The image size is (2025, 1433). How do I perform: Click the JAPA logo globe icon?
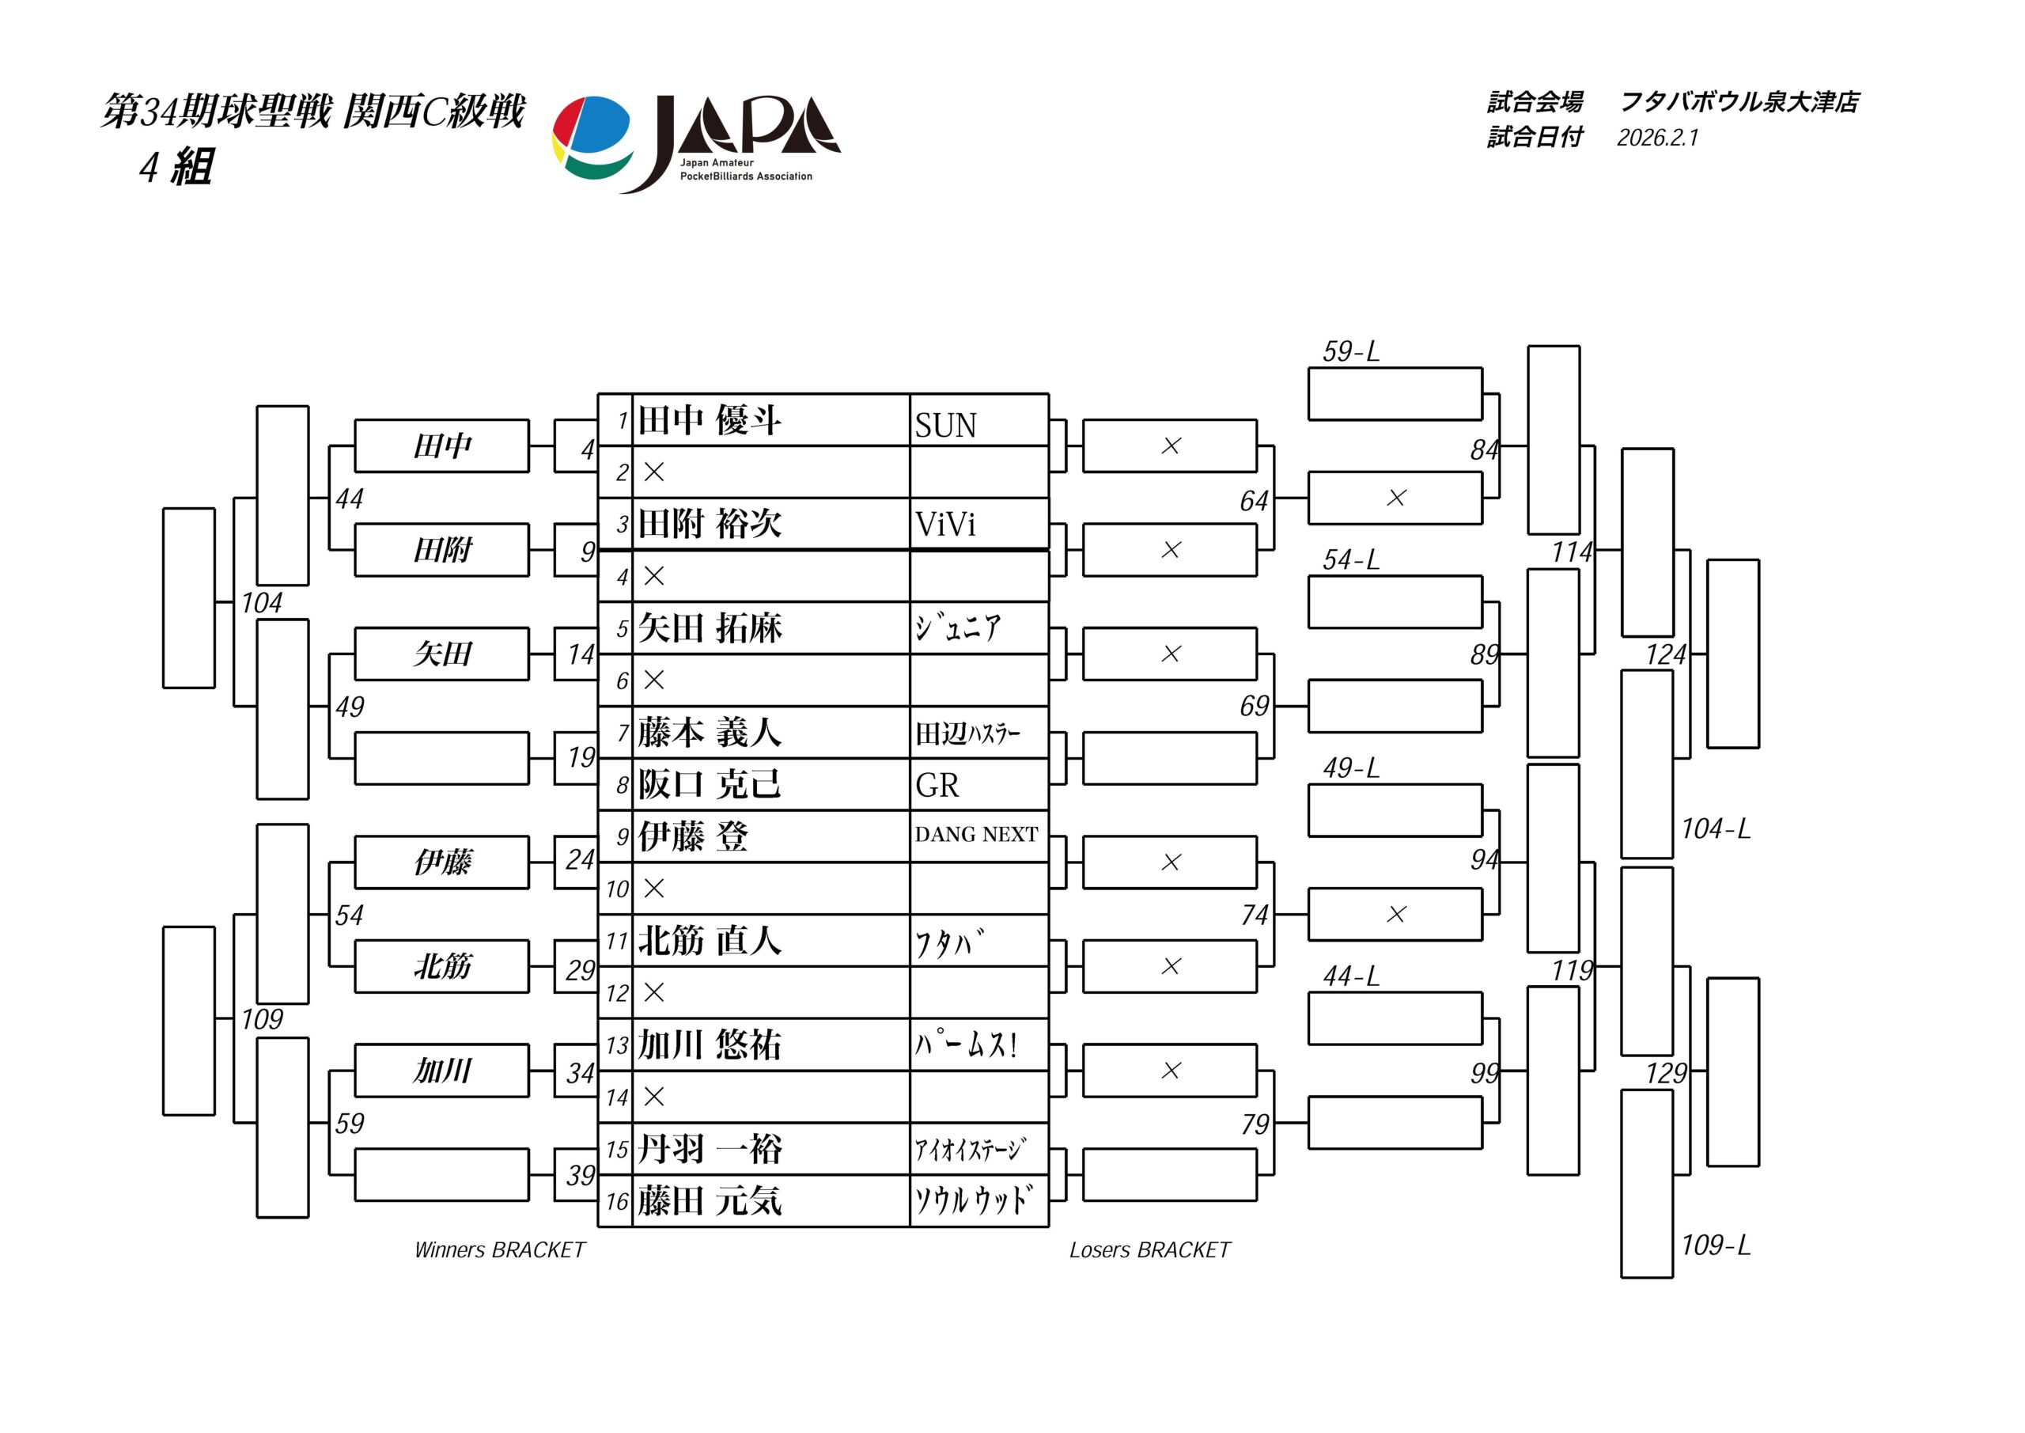click(592, 138)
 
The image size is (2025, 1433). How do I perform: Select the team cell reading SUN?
click(945, 426)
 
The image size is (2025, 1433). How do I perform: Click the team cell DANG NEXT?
click(976, 835)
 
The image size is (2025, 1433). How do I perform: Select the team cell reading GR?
click(937, 785)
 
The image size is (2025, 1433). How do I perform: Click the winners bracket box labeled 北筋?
click(442, 966)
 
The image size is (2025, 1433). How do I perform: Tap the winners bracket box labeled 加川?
click(442, 1071)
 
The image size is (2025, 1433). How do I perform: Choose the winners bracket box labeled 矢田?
click(442, 654)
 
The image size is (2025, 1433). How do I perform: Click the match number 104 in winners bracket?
click(262, 603)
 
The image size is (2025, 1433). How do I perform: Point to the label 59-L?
click(1350, 351)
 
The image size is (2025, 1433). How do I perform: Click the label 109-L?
click(1716, 1245)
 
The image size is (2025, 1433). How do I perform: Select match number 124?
click(1665, 654)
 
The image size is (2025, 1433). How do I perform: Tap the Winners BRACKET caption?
click(499, 1249)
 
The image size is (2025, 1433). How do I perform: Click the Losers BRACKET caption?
click(1149, 1249)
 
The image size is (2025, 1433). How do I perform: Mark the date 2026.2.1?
click(1657, 138)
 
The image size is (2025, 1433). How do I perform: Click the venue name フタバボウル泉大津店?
click(1739, 102)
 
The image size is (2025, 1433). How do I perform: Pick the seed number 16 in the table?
click(616, 1202)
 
